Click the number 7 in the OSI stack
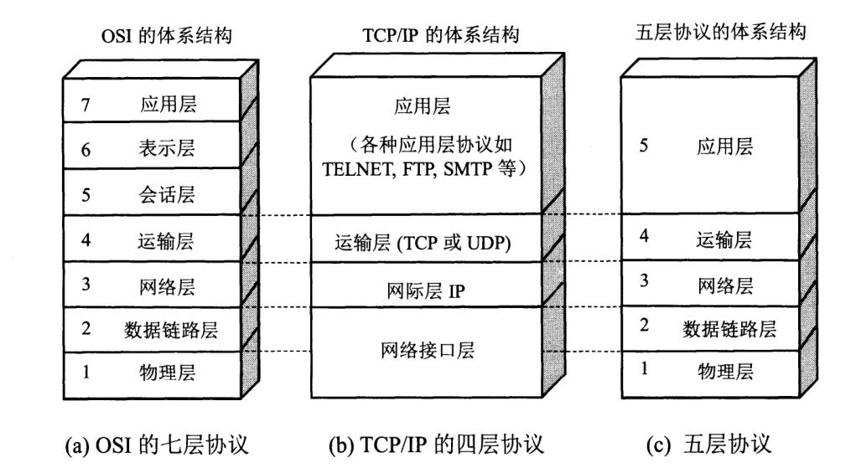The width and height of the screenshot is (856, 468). pos(86,104)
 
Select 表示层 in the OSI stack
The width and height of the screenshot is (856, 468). pos(167,148)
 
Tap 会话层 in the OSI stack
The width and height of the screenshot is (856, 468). pos(167,195)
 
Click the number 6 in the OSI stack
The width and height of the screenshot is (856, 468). pos(86,150)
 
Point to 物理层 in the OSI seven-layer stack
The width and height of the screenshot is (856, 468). pos(167,373)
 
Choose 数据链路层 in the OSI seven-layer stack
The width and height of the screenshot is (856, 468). pos(171,330)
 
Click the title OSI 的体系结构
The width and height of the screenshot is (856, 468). pos(167,36)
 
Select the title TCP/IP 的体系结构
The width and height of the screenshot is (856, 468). pos(440,35)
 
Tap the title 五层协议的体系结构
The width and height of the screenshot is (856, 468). pos(721,33)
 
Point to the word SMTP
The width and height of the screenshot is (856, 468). pos(468,169)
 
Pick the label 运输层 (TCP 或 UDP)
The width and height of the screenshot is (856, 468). pos(423,243)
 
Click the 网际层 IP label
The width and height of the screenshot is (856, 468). pos(426,291)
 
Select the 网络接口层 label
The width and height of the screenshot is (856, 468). pos(428,350)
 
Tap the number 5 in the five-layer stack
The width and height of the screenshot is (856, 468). pos(644,145)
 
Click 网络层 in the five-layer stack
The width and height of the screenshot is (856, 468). pos(725,285)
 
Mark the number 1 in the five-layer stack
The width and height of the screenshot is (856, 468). pos(644,368)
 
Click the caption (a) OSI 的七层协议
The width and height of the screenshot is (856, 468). pos(157,445)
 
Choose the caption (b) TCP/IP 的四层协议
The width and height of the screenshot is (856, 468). pos(436,445)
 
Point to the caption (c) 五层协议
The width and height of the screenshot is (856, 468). pos(708,445)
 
